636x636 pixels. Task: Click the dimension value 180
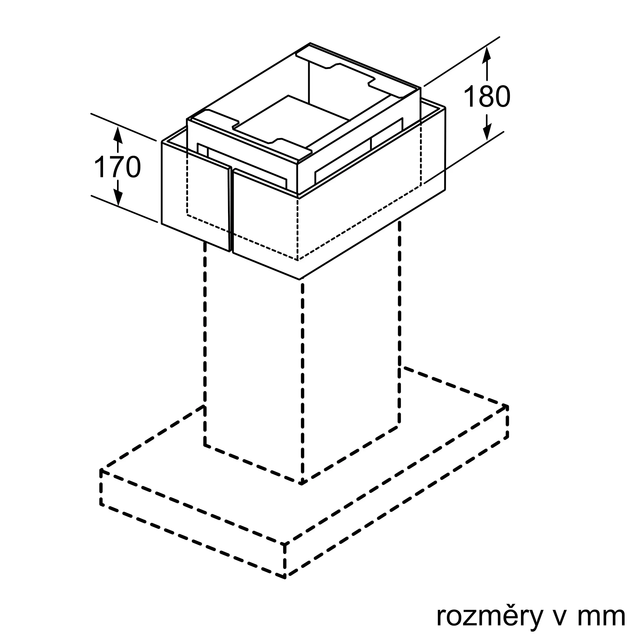(x=487, y=96)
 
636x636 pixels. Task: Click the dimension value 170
(x=118, y=168)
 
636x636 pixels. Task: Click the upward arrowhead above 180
(x=487, y=54)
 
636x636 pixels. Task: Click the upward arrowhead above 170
(x=118, y=135)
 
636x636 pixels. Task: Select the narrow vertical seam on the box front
(x=231, y=211)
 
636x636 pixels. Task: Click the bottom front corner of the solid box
(x=300, y=280)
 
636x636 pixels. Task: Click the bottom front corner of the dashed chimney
(x=302, y=483)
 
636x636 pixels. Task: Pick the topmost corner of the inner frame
(x=310, y=44)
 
